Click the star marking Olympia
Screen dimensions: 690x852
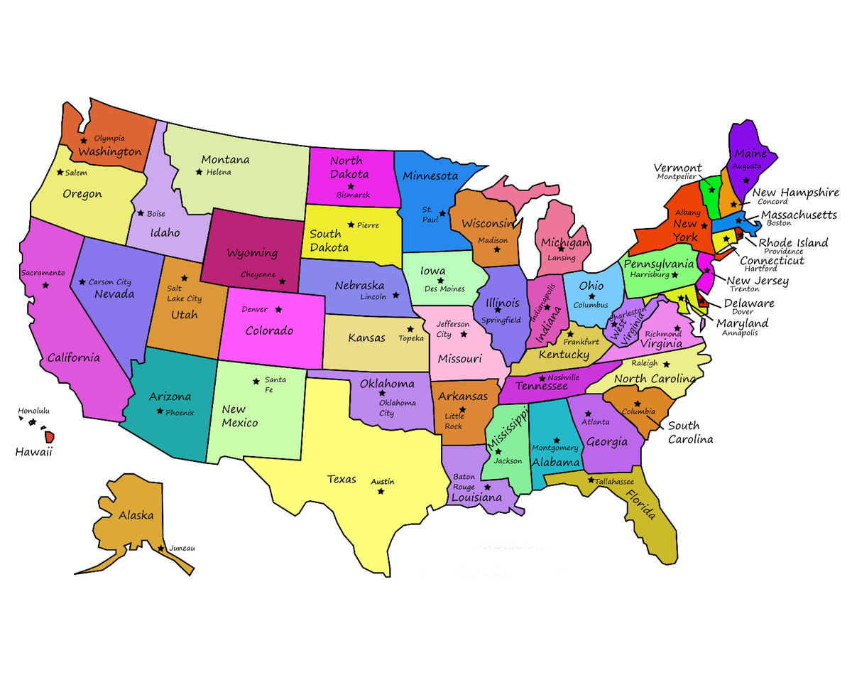tap(84, 141)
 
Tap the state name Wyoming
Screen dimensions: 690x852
tap(251, 253)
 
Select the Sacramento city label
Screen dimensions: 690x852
tap(43, 273)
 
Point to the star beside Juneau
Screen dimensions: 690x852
tap(162, 548)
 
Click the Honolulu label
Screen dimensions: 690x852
tap(34, 411)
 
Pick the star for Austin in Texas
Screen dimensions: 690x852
tap(381, 491)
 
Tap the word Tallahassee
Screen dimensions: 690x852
tap(614, 482)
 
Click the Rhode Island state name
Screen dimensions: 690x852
tap(793, 242)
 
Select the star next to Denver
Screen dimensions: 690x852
tap(279, 309)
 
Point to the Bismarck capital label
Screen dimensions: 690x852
tap(353, 195)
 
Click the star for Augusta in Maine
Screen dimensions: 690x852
tap(745, 180)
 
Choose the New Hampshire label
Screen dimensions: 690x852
tap(795, 193)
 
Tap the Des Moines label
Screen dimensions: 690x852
tap(444, 289)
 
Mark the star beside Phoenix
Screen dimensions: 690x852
tap(160, 411)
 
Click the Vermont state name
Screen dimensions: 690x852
tap(677, 168)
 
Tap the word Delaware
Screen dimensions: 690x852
tap(749, 303)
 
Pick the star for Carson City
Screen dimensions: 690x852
tap(82, 281)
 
